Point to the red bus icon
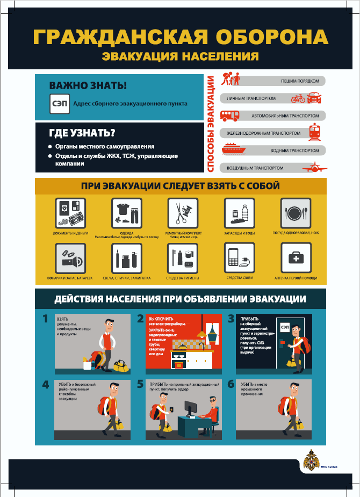coord(231,115)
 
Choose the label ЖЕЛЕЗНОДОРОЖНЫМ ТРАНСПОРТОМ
coord(263,133)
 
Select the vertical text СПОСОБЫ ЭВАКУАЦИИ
coord(211,124)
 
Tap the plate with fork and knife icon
coord(296,213)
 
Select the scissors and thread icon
coord(183,213)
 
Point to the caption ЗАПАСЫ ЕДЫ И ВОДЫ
coord(240,233)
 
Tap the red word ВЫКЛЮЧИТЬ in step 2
coord(160,319)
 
